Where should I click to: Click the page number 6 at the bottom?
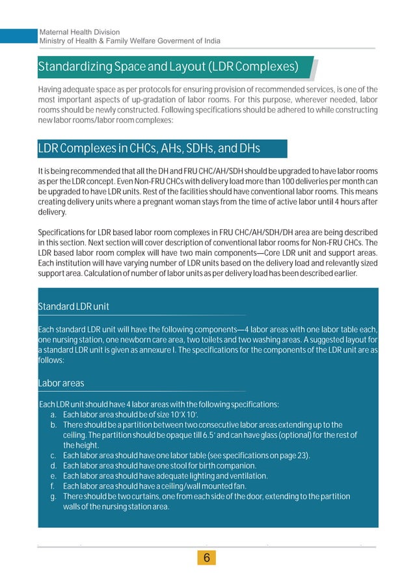point(207,558)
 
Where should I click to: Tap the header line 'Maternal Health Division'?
point(80,32)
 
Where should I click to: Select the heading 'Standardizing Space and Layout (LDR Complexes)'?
point(168,67)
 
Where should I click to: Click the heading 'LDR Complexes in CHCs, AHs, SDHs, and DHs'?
point(149,149)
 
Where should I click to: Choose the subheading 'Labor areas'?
point(61,384)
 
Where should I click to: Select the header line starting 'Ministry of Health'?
point(130,41)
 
